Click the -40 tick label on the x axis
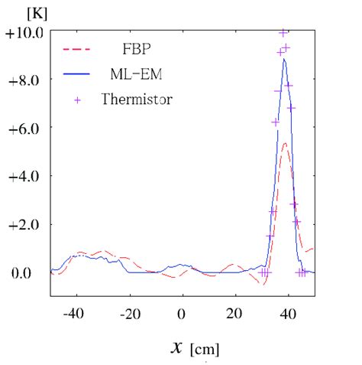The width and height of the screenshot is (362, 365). (x=73, y=312)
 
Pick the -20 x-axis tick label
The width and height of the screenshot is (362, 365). (x=127, y=312)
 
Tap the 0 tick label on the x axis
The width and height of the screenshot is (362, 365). (x=182, y=312)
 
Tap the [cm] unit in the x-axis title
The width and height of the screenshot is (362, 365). (x=205, y=350)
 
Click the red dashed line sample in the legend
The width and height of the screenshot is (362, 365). (x=76, y=49)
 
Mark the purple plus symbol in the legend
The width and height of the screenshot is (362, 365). (x=76, y=99)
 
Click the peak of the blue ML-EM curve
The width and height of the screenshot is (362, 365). (x=285, y=60)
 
